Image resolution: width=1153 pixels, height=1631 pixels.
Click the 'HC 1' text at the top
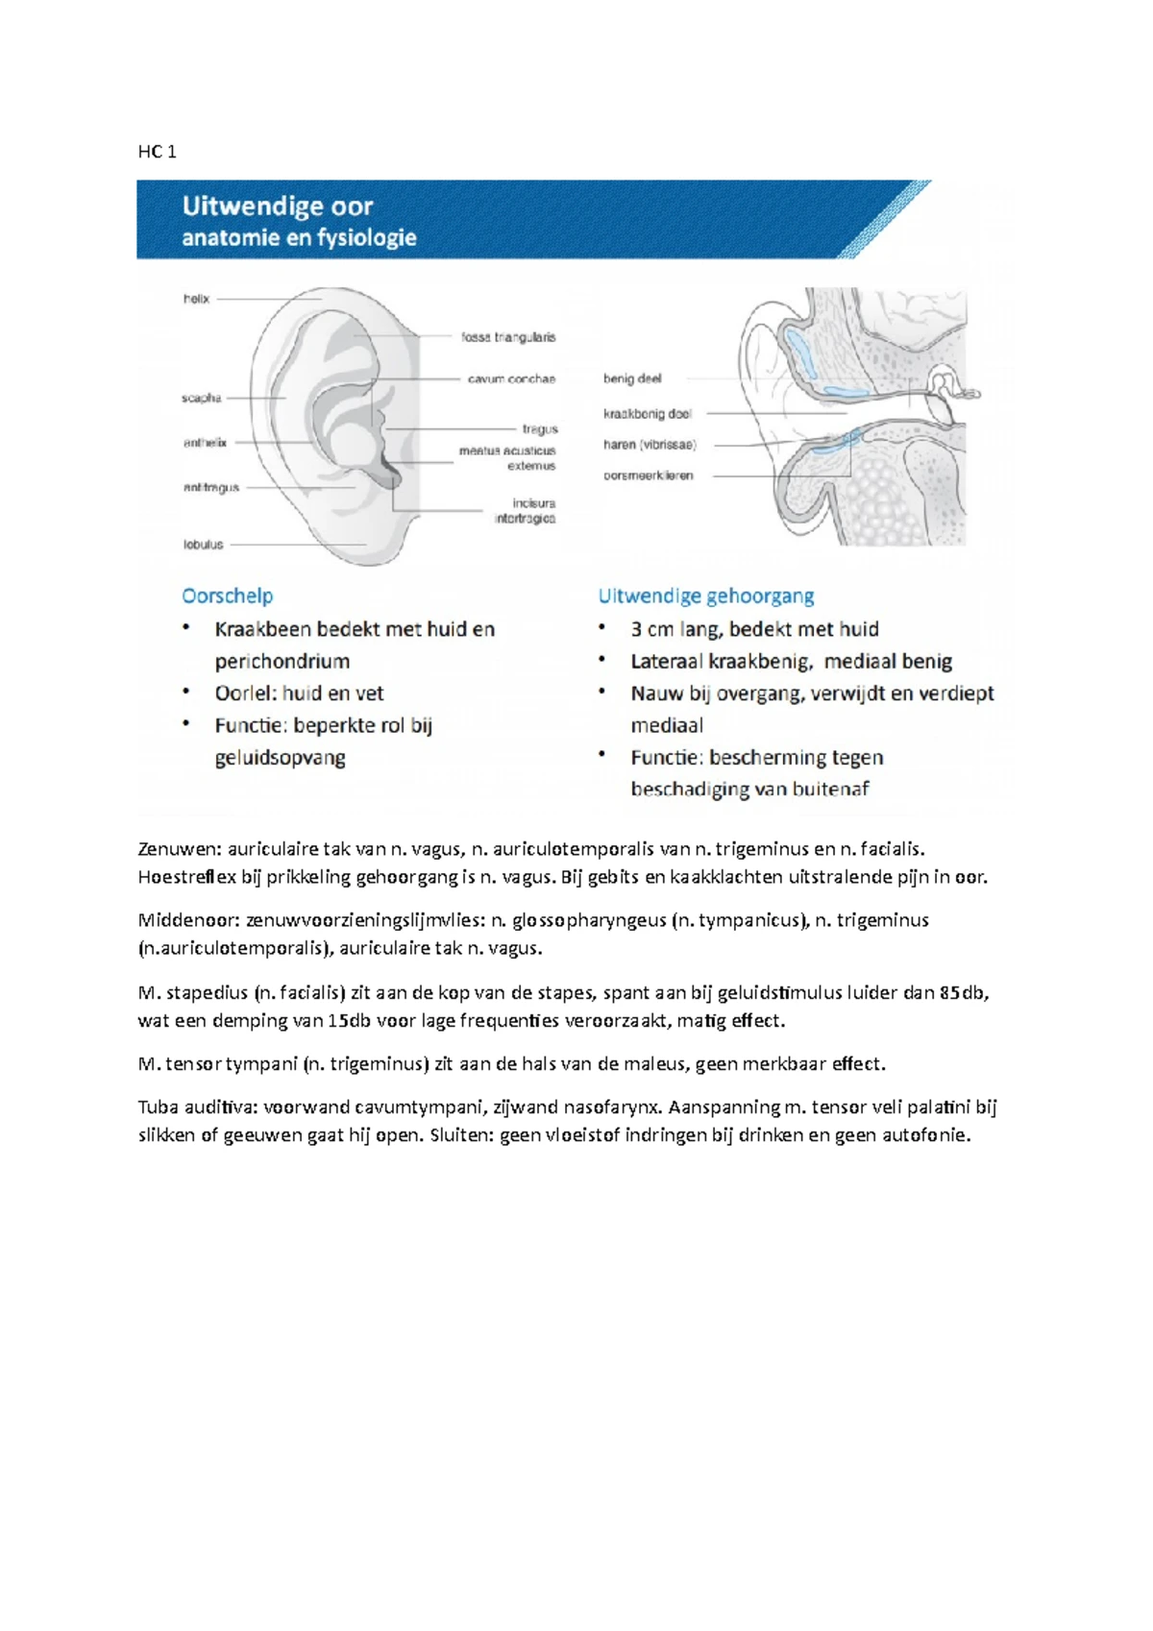tap(157, 152)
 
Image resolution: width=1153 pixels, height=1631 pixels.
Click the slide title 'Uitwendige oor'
tap(278, 207)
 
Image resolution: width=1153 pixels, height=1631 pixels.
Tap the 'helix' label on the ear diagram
tap(196, 299)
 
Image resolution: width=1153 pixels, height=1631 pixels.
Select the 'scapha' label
tap(201, 398)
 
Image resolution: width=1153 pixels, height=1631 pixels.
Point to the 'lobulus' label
tap(203, 545)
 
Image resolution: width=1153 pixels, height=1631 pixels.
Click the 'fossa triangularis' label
tap(508, 337)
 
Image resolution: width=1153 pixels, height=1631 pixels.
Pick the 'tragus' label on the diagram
tap(540, 429)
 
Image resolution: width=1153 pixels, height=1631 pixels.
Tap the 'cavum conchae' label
tap(511, 378)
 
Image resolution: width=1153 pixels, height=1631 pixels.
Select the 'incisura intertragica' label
tap(525, 511)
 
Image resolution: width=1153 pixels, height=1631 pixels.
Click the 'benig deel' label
tap(632, 378)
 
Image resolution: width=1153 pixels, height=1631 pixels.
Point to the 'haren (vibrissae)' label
tap(650, 445)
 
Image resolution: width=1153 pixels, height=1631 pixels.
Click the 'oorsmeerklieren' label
tap(648, 475)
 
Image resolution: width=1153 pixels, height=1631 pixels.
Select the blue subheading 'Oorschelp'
tap(228, 596)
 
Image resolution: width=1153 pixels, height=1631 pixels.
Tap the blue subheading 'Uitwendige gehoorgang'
tap(706, 596)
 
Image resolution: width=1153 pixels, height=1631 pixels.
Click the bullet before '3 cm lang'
tap(602, 628)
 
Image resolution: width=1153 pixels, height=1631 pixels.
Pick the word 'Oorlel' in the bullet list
tap(243, 694)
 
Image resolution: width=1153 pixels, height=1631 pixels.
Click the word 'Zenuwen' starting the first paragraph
tap(179, 849)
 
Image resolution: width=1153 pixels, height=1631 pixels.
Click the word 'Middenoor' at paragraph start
tap(187, 921)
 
